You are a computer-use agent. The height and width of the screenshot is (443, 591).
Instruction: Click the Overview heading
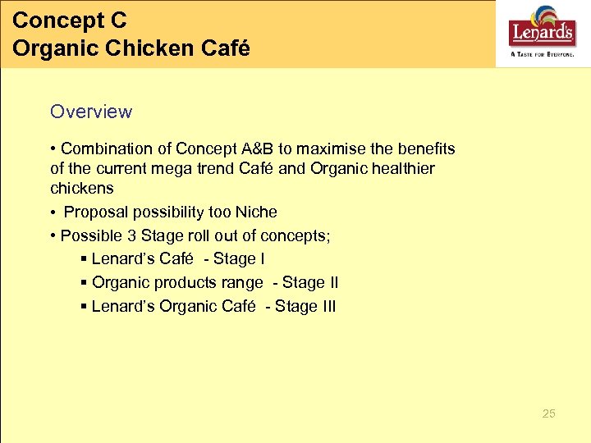click(x=90, y=112)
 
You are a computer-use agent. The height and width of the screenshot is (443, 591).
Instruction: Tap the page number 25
click(x=548, y=413)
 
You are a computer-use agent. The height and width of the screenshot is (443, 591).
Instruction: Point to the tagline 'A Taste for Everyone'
click(x=542, y=53)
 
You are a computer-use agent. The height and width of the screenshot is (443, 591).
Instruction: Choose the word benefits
click(x=426, y=149)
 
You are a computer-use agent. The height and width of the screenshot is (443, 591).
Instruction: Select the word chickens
click(x=82, y=189)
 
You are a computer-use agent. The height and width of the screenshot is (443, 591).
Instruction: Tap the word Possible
click(x=91, y=236)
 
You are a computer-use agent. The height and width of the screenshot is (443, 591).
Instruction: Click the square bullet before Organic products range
click(x=85, y=283)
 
